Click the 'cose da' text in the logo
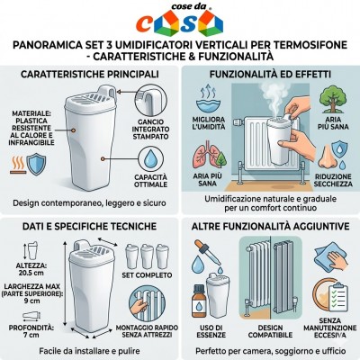pyautogui.click(x=188, y=6)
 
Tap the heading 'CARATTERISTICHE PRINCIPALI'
pyautogui.click(x=90, y=74)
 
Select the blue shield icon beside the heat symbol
pyautogui.click(x=36, y=165)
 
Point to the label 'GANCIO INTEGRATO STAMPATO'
pyautogui.click(x=150, y=130)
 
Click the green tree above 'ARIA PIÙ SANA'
pyautogui.click(x=332, y=98)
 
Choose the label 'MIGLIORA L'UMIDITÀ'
pyautogui.click(x=209, y=123)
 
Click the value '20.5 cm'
pyautogui.click(x=30, y=273)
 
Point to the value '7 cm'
pyautogui.click(x=31, y=335)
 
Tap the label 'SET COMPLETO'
pyautogui.click(x=147, y=275)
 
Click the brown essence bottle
pyautogui.click(x=199, y=301)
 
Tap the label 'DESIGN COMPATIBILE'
pyautogui.click(x=270, y=331)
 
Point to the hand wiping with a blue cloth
pyautogui.click(x=331, y=258)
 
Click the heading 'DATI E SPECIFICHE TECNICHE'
pyautogui.click(x=89, y=226)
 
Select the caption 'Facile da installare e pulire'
pyautogui.click(x=89, y=351)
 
